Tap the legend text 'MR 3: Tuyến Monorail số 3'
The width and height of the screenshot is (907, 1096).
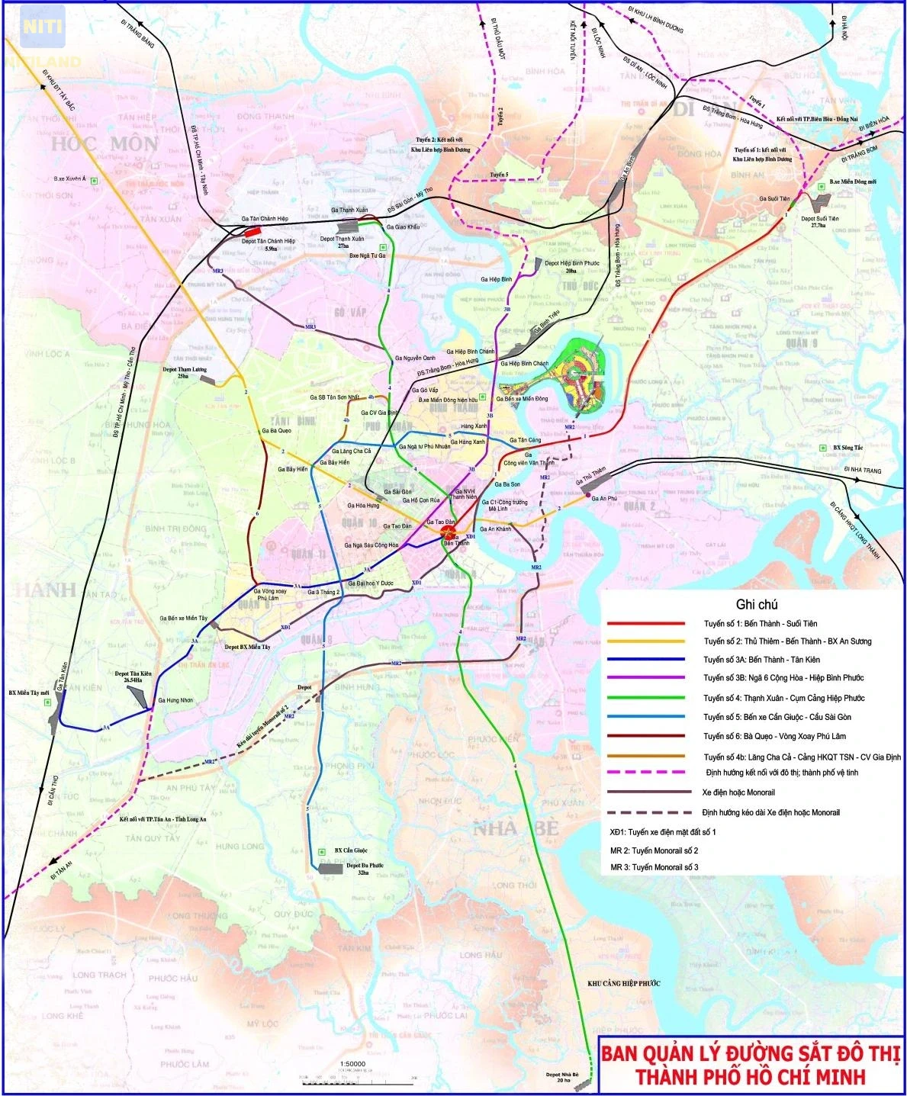point(654,867)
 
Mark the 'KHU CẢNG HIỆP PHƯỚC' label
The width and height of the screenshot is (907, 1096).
point(623,984)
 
